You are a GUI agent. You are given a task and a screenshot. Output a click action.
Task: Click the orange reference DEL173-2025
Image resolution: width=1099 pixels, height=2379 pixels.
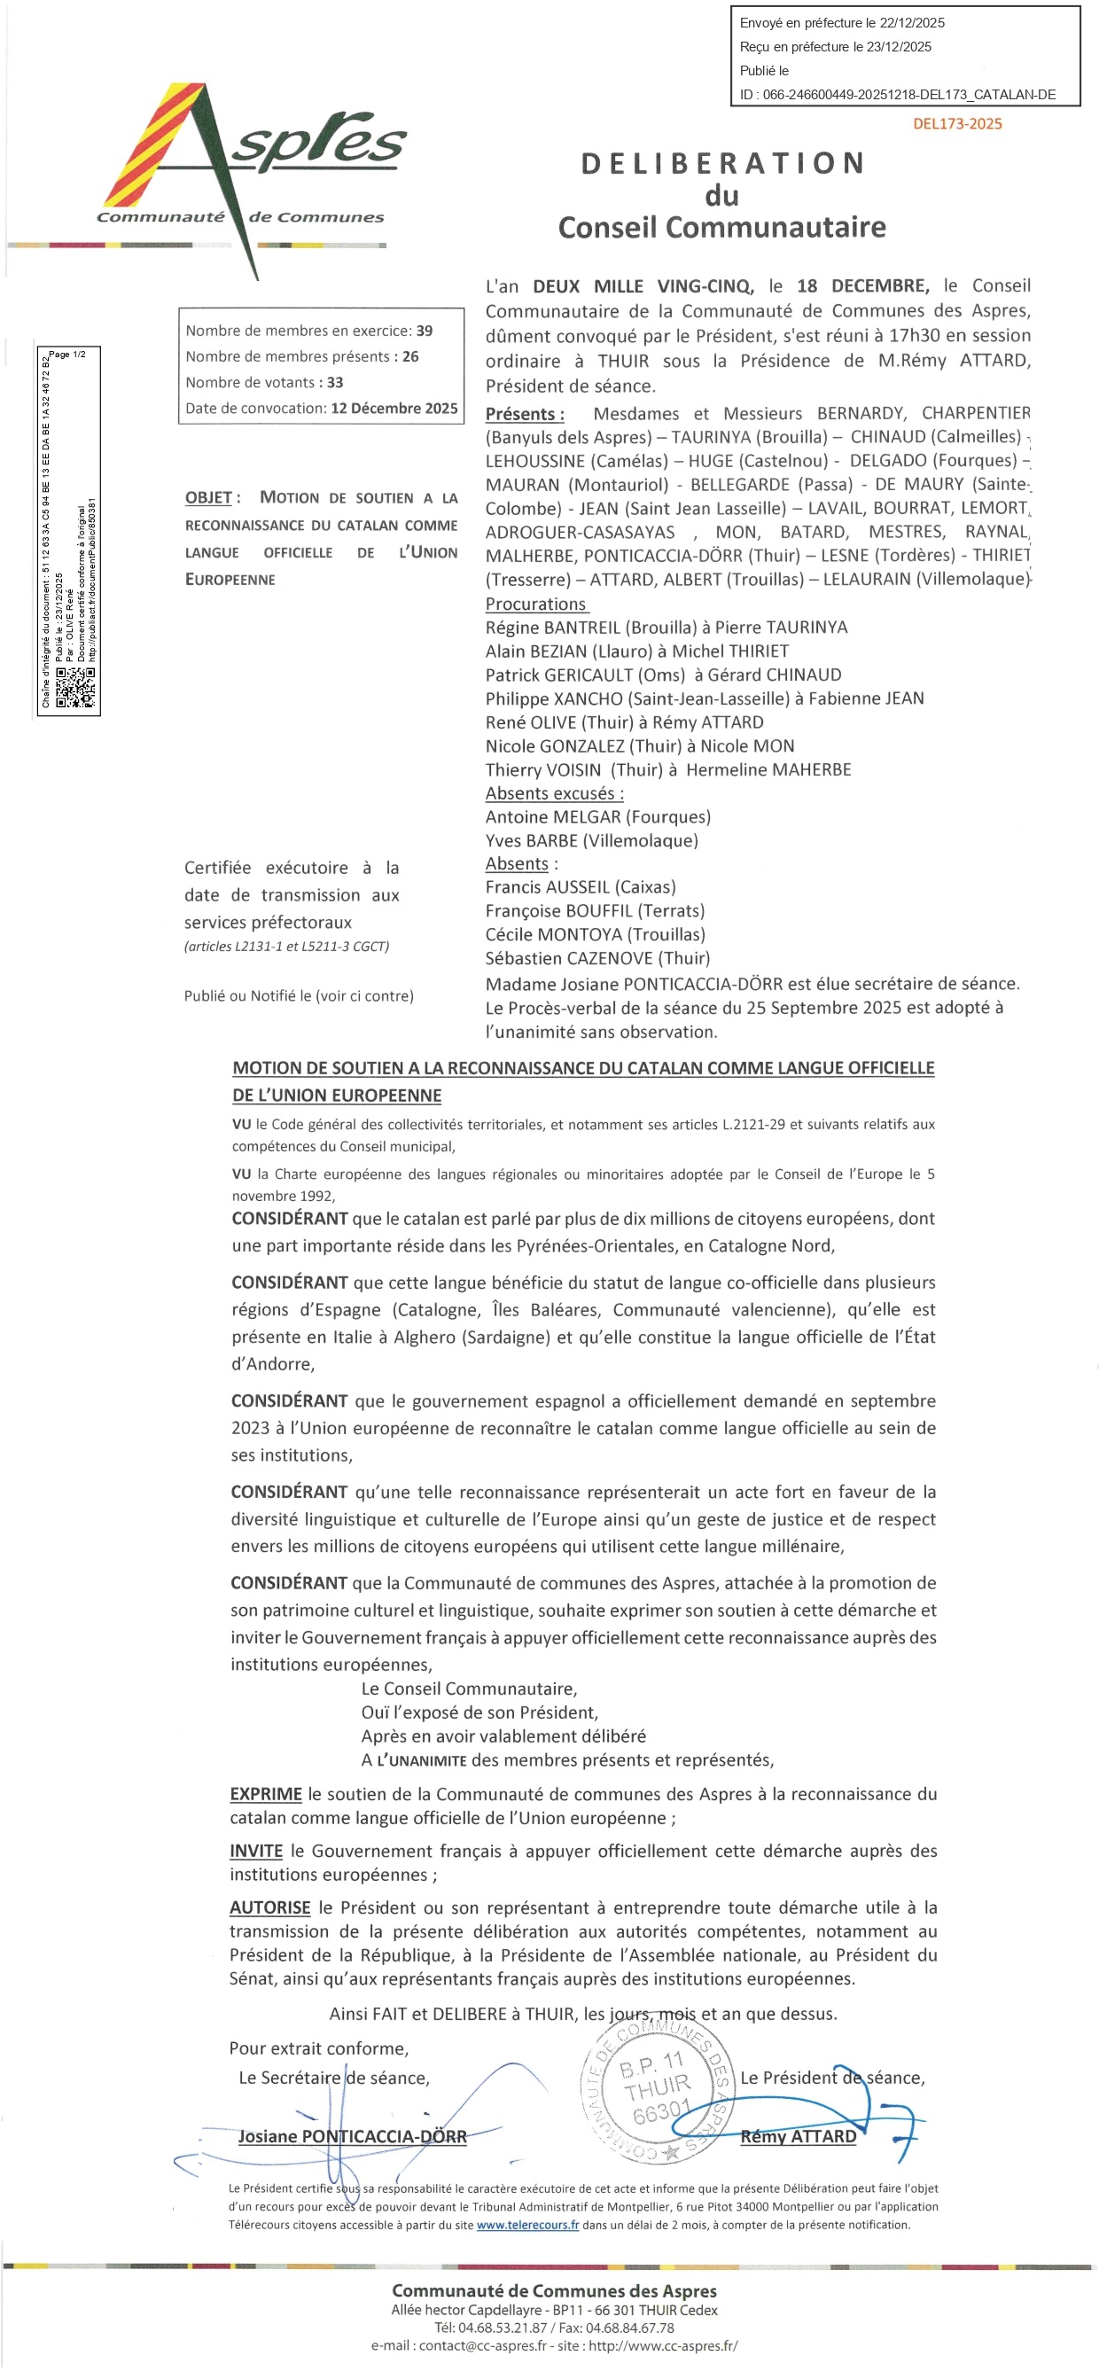click(957, 124)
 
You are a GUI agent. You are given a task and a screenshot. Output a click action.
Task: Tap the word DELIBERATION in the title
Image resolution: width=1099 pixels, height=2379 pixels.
click(723, 163)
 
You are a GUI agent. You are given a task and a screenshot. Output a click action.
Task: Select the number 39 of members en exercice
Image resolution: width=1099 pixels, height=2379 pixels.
click(425, 331)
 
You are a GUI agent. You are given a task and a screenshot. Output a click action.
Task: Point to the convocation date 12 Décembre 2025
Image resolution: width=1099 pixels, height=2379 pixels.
click(394, 409)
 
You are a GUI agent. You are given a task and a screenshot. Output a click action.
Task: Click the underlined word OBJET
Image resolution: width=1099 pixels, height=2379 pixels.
click(207, 498)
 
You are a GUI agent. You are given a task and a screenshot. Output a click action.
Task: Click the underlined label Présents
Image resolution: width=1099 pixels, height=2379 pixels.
click(525, 414)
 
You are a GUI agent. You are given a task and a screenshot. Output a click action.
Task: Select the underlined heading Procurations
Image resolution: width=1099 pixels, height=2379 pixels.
click(535, 604)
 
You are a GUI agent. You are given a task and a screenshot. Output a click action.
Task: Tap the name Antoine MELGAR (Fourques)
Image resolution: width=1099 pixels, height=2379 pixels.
click(597, 817)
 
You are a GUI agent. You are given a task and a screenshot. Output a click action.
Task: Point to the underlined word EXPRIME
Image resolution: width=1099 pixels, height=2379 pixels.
click(266, 1794)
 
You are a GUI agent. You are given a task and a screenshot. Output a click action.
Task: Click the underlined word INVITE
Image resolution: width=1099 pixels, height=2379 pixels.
click(256, 1851)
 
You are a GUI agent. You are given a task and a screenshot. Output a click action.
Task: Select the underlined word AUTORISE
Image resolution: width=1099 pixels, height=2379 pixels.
click(269, 1907)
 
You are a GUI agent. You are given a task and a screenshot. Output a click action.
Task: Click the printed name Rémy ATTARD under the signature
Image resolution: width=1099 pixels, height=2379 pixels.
click(798, 2136)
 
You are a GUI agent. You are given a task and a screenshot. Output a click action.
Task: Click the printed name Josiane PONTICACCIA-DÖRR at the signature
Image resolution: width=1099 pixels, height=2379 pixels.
click(352, 2136)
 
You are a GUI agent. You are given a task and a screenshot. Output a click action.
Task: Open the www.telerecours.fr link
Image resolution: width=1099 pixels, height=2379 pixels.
click(527, 2225)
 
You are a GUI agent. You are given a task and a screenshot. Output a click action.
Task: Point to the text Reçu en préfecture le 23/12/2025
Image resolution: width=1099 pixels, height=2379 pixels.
click(835, 47)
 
